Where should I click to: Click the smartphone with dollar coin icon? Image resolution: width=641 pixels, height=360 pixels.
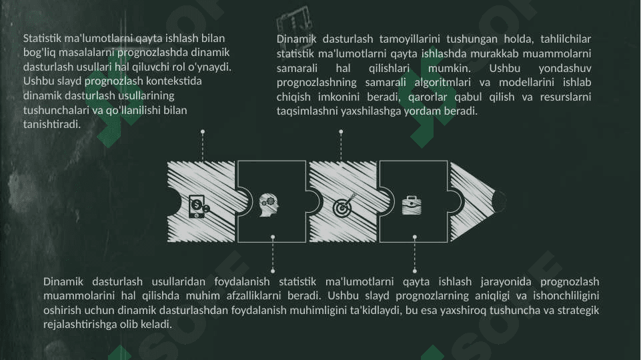pyautogui.click(x=199, y=207)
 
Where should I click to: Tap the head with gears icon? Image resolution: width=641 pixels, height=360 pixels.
pyautogui.click(x=269, y=205)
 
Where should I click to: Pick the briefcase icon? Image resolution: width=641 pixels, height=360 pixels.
pyautogui.click(x=412, y=205)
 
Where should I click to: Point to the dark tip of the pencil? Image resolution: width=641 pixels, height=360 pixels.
pyautogui.click(x=499, y=201)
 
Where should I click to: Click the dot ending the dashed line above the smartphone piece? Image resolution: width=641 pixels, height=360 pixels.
pyautogui.click(x=203, y=132)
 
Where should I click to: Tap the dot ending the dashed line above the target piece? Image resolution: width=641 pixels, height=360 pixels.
pyautogui.click(x=341, y=132)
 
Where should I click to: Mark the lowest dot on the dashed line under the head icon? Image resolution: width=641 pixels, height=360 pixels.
pyautogui.click(x=273, y=271)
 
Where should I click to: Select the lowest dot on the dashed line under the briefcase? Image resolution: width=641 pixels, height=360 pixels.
pyautogui.click(x=414, y=271)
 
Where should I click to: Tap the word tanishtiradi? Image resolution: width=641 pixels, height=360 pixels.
pyautogui.click(x=52, y=124)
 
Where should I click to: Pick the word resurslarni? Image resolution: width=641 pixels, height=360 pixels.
pyautogui.click(x=566, y=97)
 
